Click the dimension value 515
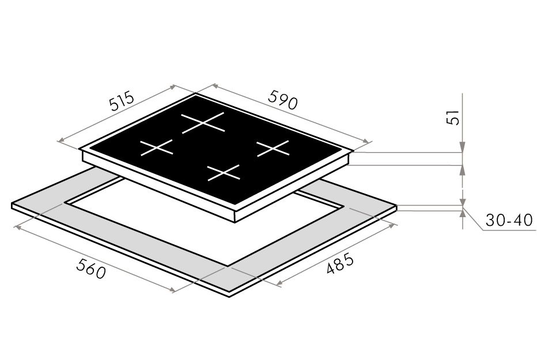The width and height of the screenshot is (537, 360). coord(121,100)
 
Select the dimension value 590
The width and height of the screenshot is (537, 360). coord(283,99)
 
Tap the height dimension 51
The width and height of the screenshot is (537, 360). coord(452,118)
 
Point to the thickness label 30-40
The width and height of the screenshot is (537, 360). coord(509,220)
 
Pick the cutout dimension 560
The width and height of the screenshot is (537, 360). coord(91,268)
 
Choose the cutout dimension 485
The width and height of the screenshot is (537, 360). coord(339,263)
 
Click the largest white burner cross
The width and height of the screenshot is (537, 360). coord(203,122)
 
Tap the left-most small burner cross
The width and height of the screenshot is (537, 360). coord(157,147)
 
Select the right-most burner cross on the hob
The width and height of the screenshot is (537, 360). coord(273,148)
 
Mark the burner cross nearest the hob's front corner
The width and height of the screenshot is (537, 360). coord(224,173)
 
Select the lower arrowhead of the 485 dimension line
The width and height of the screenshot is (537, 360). coord(279,283)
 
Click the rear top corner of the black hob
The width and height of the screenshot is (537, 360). coord(195,93)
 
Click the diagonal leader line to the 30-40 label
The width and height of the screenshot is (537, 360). coord(473,218)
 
